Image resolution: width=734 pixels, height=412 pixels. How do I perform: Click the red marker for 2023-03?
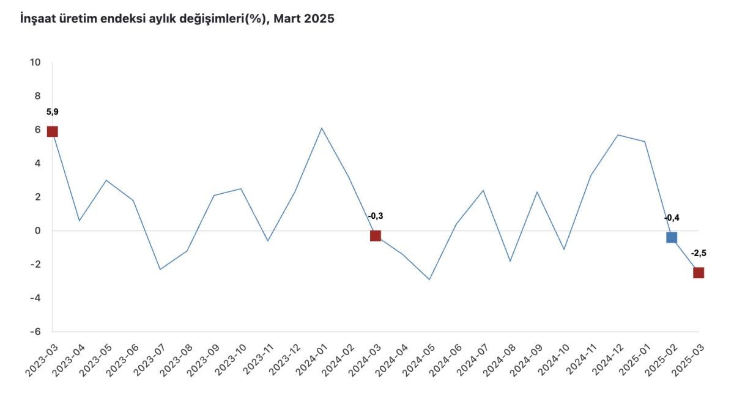[x=52, y=131]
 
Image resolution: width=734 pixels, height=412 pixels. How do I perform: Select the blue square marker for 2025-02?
[x=671, y=237]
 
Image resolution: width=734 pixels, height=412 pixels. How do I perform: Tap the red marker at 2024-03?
[x=376, y=236]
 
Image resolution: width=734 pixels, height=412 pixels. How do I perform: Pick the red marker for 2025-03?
[x=699, y=273]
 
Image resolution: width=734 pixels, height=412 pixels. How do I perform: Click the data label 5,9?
[x=52, y=112]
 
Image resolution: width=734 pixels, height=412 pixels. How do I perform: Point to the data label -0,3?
[x=376, y=216]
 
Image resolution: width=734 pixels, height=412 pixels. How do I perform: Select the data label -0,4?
[x=672, y=218]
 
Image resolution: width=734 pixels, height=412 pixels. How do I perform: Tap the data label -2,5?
[x=699, y=253]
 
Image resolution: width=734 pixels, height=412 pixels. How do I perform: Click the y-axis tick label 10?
[x=35, y=62]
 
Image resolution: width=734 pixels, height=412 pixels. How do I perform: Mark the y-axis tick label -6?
[x=35, y=331]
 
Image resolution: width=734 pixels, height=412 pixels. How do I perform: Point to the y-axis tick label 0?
[x=38, y=230]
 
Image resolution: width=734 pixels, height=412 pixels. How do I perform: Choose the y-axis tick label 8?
[x=38, y=96]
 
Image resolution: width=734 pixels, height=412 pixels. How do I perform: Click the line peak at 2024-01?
[x=322, y=128]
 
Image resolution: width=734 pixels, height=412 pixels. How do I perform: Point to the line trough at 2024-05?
[x=429, y=279]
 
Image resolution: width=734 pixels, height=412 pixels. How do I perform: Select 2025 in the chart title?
[x=319, y=19]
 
